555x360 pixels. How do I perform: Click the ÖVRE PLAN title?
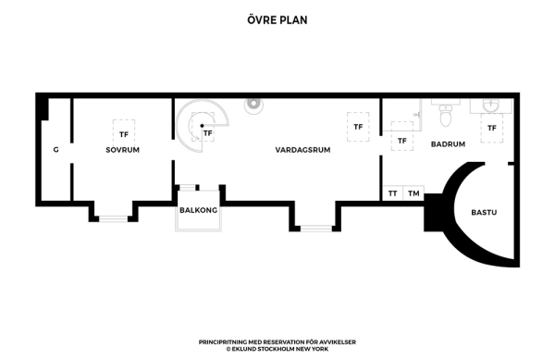tap(277, 19)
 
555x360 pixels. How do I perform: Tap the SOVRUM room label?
tap(122, 150)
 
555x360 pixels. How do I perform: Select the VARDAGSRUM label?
tap(302, 150)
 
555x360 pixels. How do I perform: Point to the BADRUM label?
tap(448, 144)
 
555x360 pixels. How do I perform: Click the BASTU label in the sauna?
tap(484, 212)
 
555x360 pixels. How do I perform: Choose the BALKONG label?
tap(198, 210)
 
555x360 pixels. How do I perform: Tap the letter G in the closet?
tap(55, 150)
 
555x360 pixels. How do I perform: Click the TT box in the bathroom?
tap(393, 193)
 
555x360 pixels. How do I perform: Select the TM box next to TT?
tap(413, 193)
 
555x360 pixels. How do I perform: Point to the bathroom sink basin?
tap(491, 106)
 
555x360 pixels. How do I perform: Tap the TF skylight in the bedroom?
tap(124, 134)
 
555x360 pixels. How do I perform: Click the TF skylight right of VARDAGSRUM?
tap(358, 127)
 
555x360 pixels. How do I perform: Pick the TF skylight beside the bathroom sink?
tap(492, 128)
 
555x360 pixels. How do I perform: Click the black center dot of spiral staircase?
tap(202, 126)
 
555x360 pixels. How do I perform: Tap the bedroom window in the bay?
tap(113, 218)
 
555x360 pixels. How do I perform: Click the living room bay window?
tap(316, 229)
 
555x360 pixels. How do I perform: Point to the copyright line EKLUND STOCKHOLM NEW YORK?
tap(277, 349)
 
